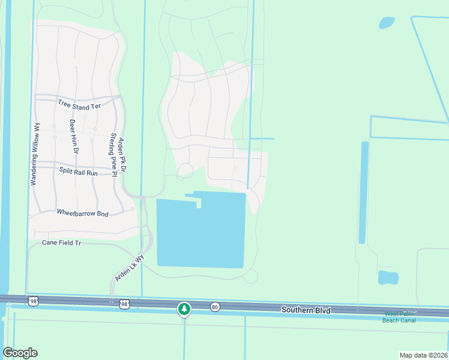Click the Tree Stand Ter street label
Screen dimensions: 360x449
(x=79, y=106)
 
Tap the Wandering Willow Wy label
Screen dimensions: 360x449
(x=37, y=154)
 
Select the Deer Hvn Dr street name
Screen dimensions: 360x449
(x=72, y=137)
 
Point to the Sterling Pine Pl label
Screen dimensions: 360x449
(x=112, y=152)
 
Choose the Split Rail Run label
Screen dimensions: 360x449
(x=78, y=172)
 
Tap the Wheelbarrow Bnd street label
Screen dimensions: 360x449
(x=82, y=212)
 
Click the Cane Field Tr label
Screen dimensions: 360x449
(x=61, y=243)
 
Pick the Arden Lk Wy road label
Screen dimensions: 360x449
(x=130, y=268)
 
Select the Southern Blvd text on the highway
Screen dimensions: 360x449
(x=306, y=310)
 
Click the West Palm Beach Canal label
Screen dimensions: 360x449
(x=399, y=317)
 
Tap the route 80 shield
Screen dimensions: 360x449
(x=215, y=307)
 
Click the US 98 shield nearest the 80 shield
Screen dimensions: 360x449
(x=124, y=305)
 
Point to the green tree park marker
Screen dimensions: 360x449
(x=184, y=309)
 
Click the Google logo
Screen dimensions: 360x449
(x=20, y=353)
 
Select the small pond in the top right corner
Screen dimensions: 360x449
(x=387, y=23)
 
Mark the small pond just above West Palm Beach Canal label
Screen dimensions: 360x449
(x=388, y=278)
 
